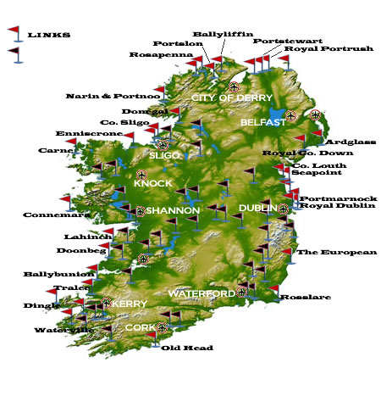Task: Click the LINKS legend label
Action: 49,35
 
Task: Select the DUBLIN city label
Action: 255,208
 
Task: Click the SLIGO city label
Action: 164,156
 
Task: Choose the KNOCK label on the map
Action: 153,183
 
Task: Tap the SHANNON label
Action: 173,210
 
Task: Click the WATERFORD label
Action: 202,293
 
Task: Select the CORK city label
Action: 141,327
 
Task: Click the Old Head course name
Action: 187,348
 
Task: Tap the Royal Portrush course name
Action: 329,49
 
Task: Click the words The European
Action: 336,252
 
